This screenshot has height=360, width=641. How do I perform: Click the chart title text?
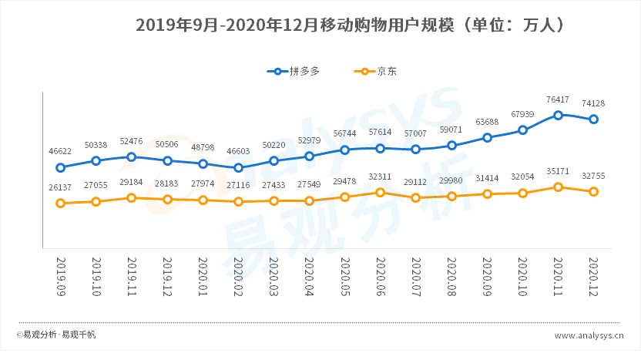[351, 25]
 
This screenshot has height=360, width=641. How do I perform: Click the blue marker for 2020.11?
[559, 115]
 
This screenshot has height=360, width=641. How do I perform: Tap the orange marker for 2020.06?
[381, 192]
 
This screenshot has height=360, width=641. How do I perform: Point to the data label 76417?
[559, 99]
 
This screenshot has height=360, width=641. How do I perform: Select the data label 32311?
[381, 177]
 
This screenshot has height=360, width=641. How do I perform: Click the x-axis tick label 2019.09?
[61, 277]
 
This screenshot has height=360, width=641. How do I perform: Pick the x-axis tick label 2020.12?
[594, 277]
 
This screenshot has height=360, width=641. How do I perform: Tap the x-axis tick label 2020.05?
[345, 277]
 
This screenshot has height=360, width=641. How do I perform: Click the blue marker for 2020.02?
[239, 167]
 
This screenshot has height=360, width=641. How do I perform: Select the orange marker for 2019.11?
[132, 198]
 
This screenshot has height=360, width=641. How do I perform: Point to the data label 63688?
[488, 123]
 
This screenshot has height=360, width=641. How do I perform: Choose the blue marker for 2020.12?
[594, 119]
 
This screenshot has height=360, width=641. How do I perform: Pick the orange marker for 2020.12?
[594, 191]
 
